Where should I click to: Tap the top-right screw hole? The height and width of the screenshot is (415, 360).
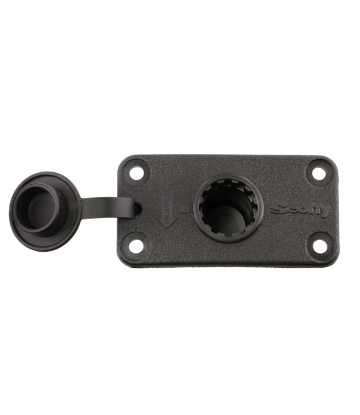pyautogui.click(x=318, y=173)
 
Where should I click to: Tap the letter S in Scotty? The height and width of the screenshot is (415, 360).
pyautogui.click(x=277, y=210)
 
